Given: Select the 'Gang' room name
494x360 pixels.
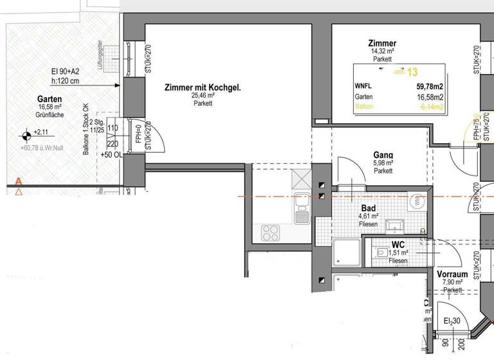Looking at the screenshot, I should point(383,155).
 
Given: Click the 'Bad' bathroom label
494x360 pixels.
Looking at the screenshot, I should point(369,209).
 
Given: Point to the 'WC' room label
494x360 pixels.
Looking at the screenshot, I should point(398,245).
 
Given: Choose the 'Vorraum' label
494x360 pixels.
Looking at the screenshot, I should point(452,274).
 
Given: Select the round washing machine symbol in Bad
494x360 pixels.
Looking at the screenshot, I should point(417,202).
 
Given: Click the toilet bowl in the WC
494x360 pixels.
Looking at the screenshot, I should point(382,255).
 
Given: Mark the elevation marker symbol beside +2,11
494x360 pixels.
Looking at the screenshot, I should point(25,135).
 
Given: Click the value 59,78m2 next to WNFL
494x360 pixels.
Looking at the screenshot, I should point(430,85).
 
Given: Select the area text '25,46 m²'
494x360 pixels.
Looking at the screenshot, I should point(203,95).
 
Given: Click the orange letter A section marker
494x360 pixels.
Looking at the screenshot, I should point(19,182).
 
